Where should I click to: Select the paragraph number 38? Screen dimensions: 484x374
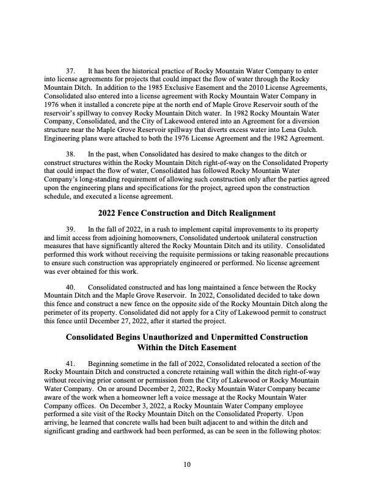tap(70, 150)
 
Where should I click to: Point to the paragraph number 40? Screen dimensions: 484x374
tap(70, 287)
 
